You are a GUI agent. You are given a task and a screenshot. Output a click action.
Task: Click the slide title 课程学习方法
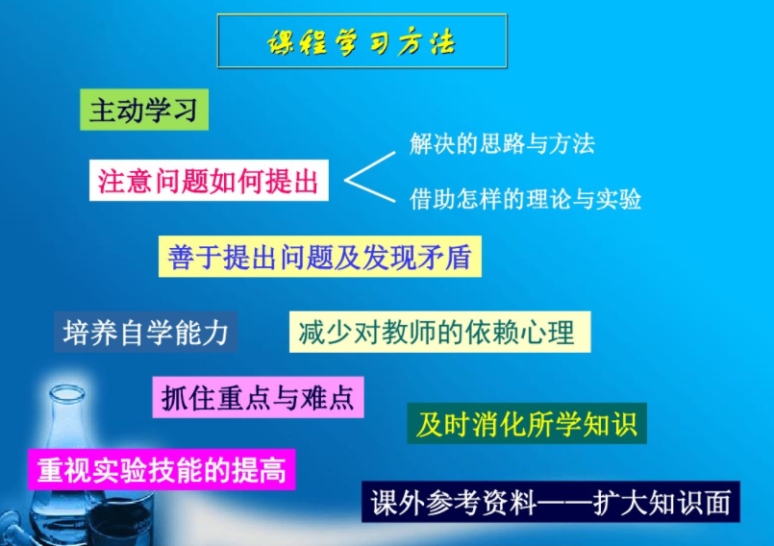coord(362,42)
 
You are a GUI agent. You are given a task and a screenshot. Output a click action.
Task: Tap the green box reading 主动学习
coord(143,110)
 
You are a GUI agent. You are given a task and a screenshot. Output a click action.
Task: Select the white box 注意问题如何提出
coord(209,180)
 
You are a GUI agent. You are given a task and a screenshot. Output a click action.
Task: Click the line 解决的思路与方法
coord(502,144)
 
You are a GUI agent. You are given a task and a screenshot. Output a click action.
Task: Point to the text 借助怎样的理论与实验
coord(525,199)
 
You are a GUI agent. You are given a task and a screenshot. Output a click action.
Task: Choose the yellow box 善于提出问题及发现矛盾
coord(319,257)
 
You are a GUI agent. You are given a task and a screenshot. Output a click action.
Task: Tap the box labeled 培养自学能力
coord(145,332)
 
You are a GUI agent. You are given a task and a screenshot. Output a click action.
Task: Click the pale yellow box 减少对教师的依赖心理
coord(438,332)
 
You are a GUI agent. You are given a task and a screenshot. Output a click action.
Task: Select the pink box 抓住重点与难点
coord(258,397)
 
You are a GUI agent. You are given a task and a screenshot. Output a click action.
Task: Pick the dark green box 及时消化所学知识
coord(526,423)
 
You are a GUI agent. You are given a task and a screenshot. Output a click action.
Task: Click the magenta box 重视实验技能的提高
coord(161,470)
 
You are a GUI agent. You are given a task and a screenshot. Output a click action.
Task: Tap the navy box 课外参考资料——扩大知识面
coord(550,502)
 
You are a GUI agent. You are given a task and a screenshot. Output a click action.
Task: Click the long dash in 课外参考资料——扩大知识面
coord(569,503)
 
